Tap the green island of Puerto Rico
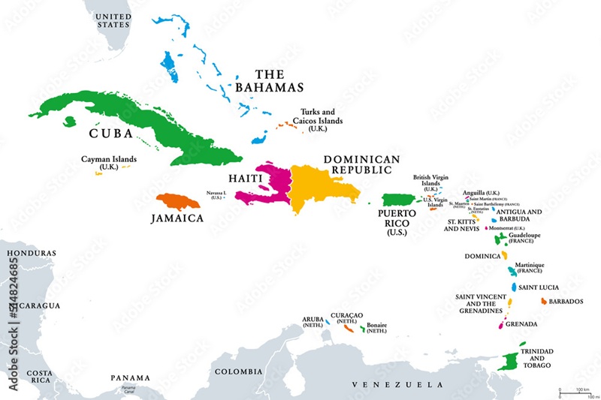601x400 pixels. click(399, 200)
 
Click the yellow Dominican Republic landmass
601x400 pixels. click(319, 188)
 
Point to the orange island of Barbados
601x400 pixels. click(543, 301)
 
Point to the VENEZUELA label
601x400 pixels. click(393, 385)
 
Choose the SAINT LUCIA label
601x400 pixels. click(539, 287)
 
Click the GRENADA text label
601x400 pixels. click(522, 324)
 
